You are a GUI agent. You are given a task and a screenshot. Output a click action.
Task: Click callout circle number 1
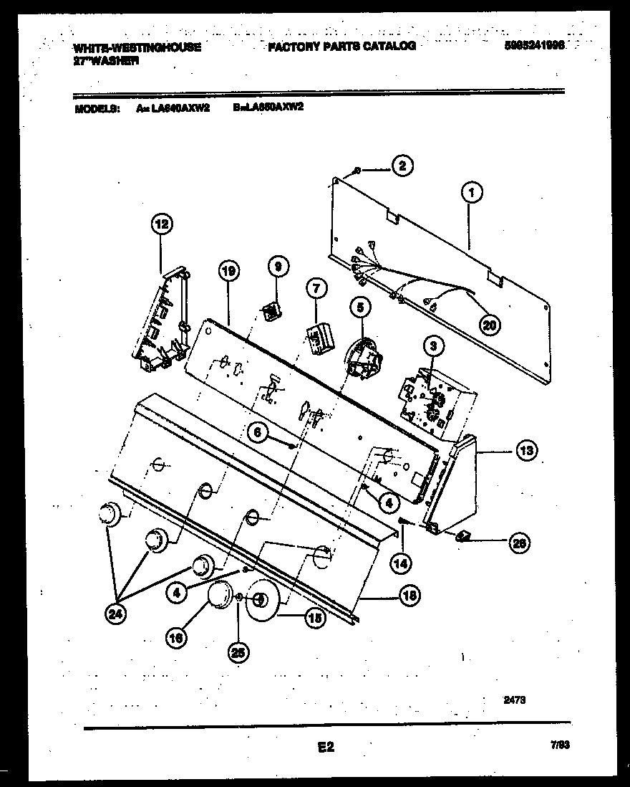[x=470, y=192]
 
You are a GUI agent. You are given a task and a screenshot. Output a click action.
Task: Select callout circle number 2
[x=402, y=166]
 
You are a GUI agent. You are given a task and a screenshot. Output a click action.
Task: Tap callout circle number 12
[x=162, y=224]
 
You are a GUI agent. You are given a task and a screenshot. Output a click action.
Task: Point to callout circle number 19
[x=228, y=272]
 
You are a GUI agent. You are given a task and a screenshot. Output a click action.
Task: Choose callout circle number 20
[x=490, y=325]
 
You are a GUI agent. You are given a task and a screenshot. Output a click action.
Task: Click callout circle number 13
[x=526, y=451]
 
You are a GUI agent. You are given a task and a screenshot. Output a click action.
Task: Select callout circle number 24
[x=114, y=614]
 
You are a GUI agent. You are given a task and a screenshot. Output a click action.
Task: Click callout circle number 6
[x=258, y=432]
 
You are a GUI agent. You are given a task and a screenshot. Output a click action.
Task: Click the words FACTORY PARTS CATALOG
[x=341, y=47]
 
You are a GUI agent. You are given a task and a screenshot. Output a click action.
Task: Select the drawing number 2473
[x=514, y=703]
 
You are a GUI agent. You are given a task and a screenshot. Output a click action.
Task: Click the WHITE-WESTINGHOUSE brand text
[x=137, y=47]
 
